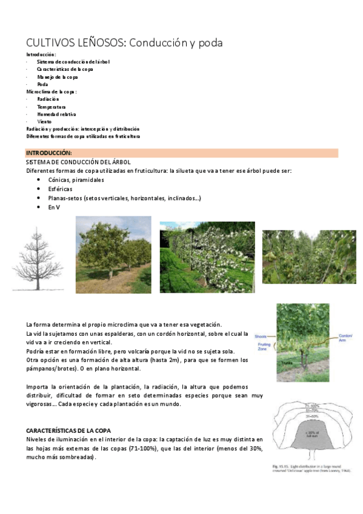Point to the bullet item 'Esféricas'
pos(61,189)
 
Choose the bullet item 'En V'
pos(53,207)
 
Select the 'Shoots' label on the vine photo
pos(261,336)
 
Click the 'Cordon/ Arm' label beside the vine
pos(345,338)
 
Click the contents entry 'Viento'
pos(44,121)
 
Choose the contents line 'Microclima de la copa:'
pos(52,92)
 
